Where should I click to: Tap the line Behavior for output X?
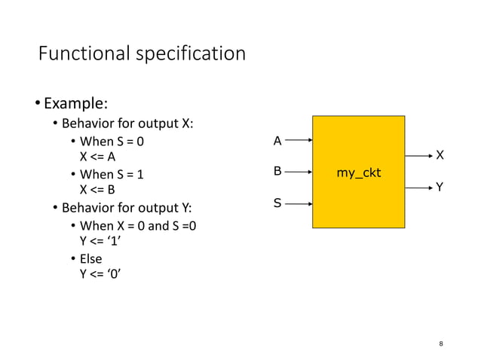coord(127,124)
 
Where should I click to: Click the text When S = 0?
coord(112,141)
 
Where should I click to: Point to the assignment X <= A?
coord(98,157)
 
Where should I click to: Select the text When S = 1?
coord(112,174)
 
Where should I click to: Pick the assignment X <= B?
coord(98,191)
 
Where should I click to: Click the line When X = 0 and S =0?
coord(139,225)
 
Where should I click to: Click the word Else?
coord(90,258)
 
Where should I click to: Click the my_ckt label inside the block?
coord(358,173)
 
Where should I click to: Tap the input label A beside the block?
coord(277,141)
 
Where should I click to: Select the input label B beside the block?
coord(277,172)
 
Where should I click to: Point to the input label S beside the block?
coord(277,203)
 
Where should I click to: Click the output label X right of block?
coord(440,155)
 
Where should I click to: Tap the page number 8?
coord(441,344)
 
